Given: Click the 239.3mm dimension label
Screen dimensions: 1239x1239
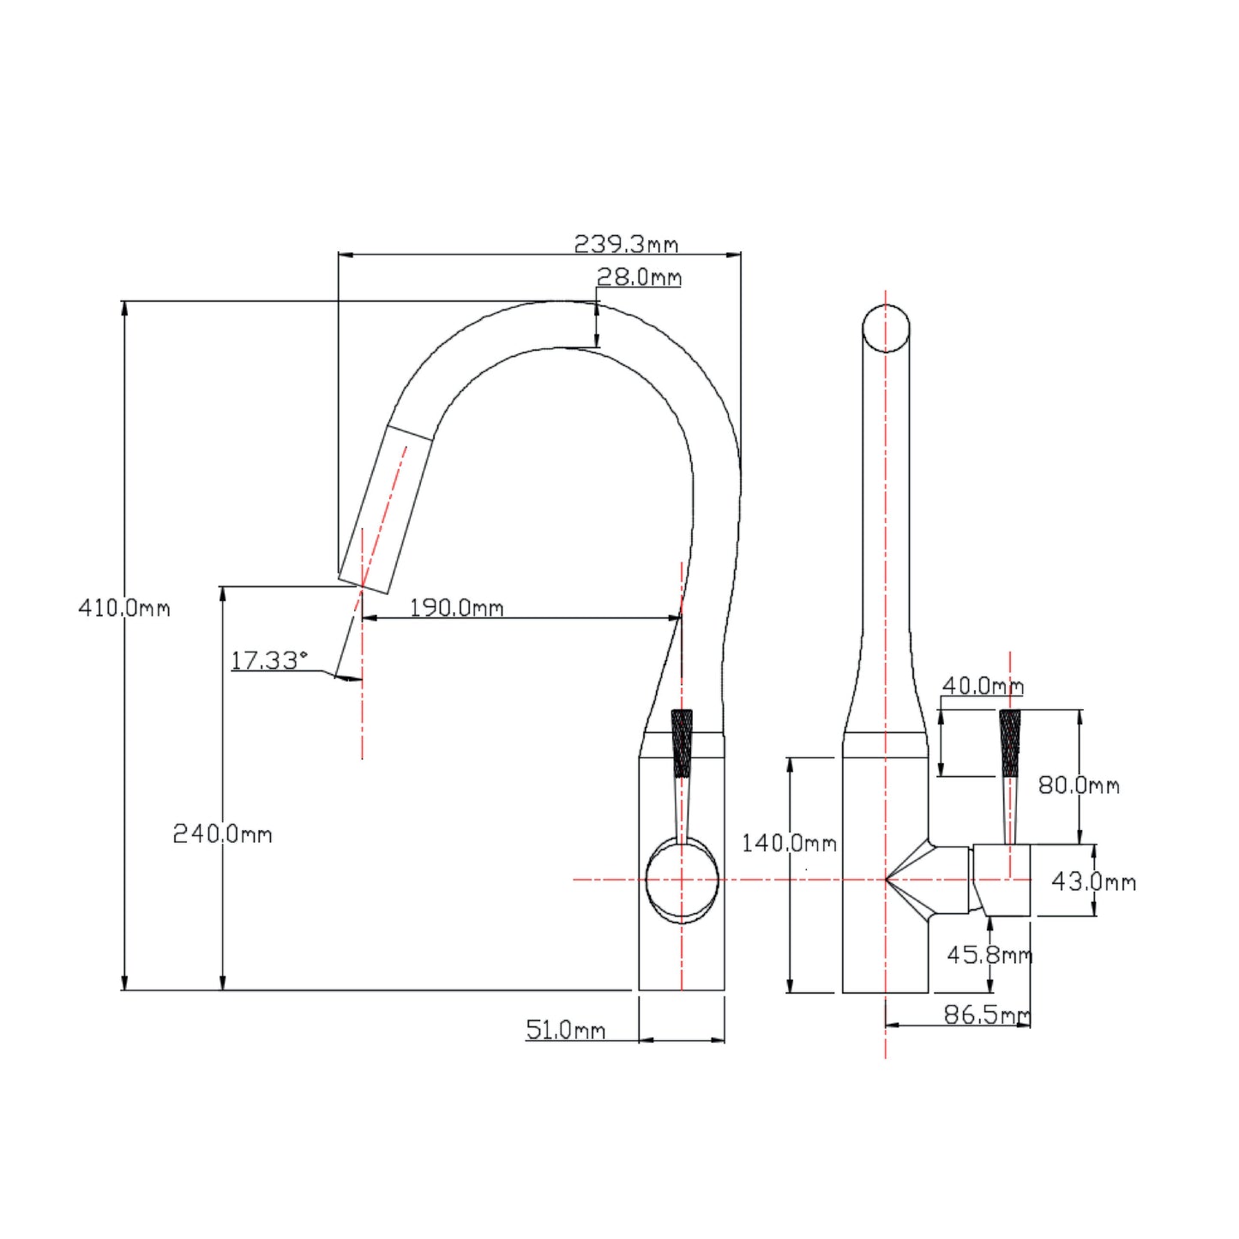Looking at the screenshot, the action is [x=626, y=244].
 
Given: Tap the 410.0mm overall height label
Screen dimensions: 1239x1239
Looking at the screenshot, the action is [x=124, y=607].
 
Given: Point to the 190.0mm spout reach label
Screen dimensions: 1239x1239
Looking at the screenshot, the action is [x=456, y=607].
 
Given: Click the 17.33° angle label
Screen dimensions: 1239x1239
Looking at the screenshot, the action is [x=269, y=659].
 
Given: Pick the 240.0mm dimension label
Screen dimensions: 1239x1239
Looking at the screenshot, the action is [x=222, y=834].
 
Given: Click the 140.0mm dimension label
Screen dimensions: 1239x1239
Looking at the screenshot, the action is [x=790, y=843].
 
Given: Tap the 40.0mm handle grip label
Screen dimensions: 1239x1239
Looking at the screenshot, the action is [x=983, y=686].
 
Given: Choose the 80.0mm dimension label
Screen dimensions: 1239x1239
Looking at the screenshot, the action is [x=1079, y=785].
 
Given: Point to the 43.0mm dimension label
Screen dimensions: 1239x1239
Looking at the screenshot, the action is [x=1094, y=881].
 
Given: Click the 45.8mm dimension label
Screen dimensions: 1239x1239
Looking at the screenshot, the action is [x=989, y=955].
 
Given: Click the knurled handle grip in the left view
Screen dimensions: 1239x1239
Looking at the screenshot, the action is [x=682, y=743].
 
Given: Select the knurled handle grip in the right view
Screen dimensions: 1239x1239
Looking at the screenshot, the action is [x=1010, y=743].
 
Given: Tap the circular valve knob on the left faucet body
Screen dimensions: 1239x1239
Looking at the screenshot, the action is [x=682, y=881].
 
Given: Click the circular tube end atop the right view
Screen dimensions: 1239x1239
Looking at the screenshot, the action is [x=886, y=328].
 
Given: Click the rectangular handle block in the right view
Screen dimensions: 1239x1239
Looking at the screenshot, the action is [x=1001, y=880].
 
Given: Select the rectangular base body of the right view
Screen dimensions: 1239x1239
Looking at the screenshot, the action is [x=886, y=875].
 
